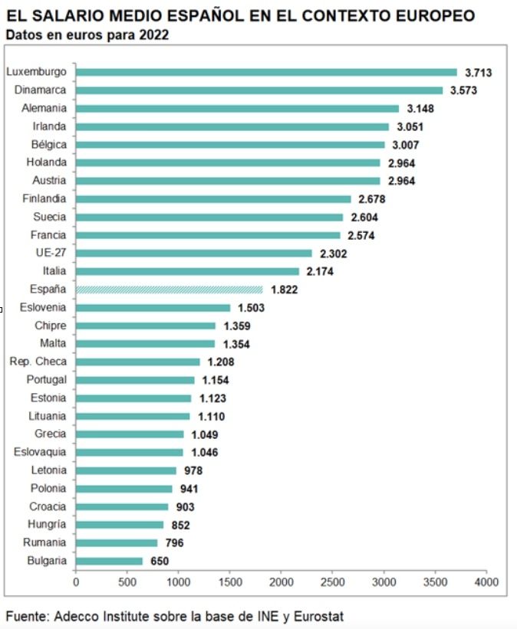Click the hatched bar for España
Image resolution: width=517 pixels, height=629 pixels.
coord(169,290)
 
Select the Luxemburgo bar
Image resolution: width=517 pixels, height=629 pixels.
coord(266,72)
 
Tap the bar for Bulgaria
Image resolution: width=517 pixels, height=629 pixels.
coord(109,561)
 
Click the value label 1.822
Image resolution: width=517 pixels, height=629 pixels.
coord(283,290)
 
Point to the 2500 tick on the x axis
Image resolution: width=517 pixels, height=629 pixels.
coord(332,582)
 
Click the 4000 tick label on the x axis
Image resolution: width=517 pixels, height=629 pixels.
coord(486,582)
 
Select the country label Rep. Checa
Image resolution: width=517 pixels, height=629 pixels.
coord(38,362)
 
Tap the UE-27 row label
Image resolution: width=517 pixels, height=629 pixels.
coord(51,253)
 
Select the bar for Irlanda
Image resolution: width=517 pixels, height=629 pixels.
coord(232,126)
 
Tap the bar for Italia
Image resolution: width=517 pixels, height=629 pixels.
coord(187,271)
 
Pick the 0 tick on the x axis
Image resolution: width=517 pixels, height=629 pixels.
coord(76,582)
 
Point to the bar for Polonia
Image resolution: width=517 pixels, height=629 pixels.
coord(123,489)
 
